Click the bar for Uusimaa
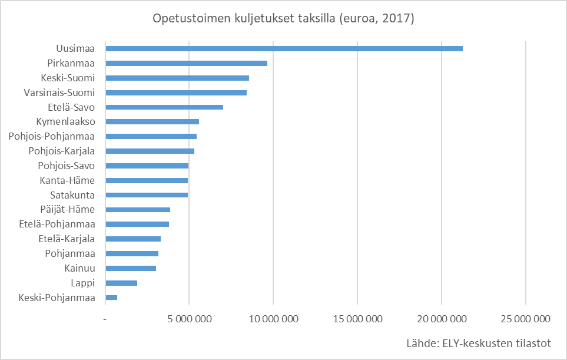point(283,48)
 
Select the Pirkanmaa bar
point(185,63)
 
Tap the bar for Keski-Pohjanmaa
point(111,298)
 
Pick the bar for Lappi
point(121,283)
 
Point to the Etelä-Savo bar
point(164,107)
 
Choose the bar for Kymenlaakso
point(151,122)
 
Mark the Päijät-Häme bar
point(137,210)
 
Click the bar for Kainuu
point(130,268)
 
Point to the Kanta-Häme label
point(67,180)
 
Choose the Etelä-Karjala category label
point(67,239)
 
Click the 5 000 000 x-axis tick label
point(188,319)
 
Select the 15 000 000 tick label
point(357,319)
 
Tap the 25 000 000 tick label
point(526,319)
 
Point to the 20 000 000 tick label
point(442,319)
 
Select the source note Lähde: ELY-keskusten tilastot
point(478,344)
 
